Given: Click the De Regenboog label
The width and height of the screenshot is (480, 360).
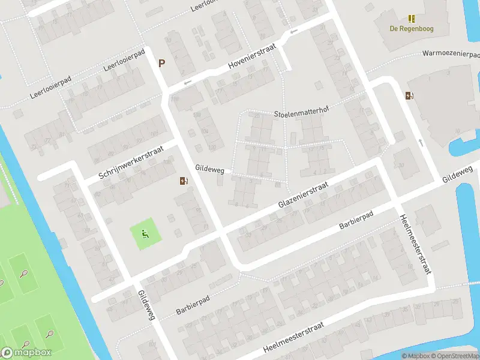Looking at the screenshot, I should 411,28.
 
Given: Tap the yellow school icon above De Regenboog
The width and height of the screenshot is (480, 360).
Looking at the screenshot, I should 411,19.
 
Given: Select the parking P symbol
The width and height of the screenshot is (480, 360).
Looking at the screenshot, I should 161,62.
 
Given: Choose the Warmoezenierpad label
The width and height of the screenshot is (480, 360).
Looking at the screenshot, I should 450,53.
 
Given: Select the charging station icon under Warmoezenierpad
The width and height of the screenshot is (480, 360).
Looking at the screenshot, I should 409,95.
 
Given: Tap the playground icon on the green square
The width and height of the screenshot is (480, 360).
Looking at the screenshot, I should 145,233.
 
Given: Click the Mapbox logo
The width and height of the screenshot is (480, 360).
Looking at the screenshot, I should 26,352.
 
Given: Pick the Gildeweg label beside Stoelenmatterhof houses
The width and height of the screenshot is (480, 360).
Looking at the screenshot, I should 209,170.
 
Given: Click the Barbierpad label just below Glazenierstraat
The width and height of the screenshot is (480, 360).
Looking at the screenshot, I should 356,220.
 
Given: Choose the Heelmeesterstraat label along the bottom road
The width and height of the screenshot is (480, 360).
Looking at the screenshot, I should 293,337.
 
